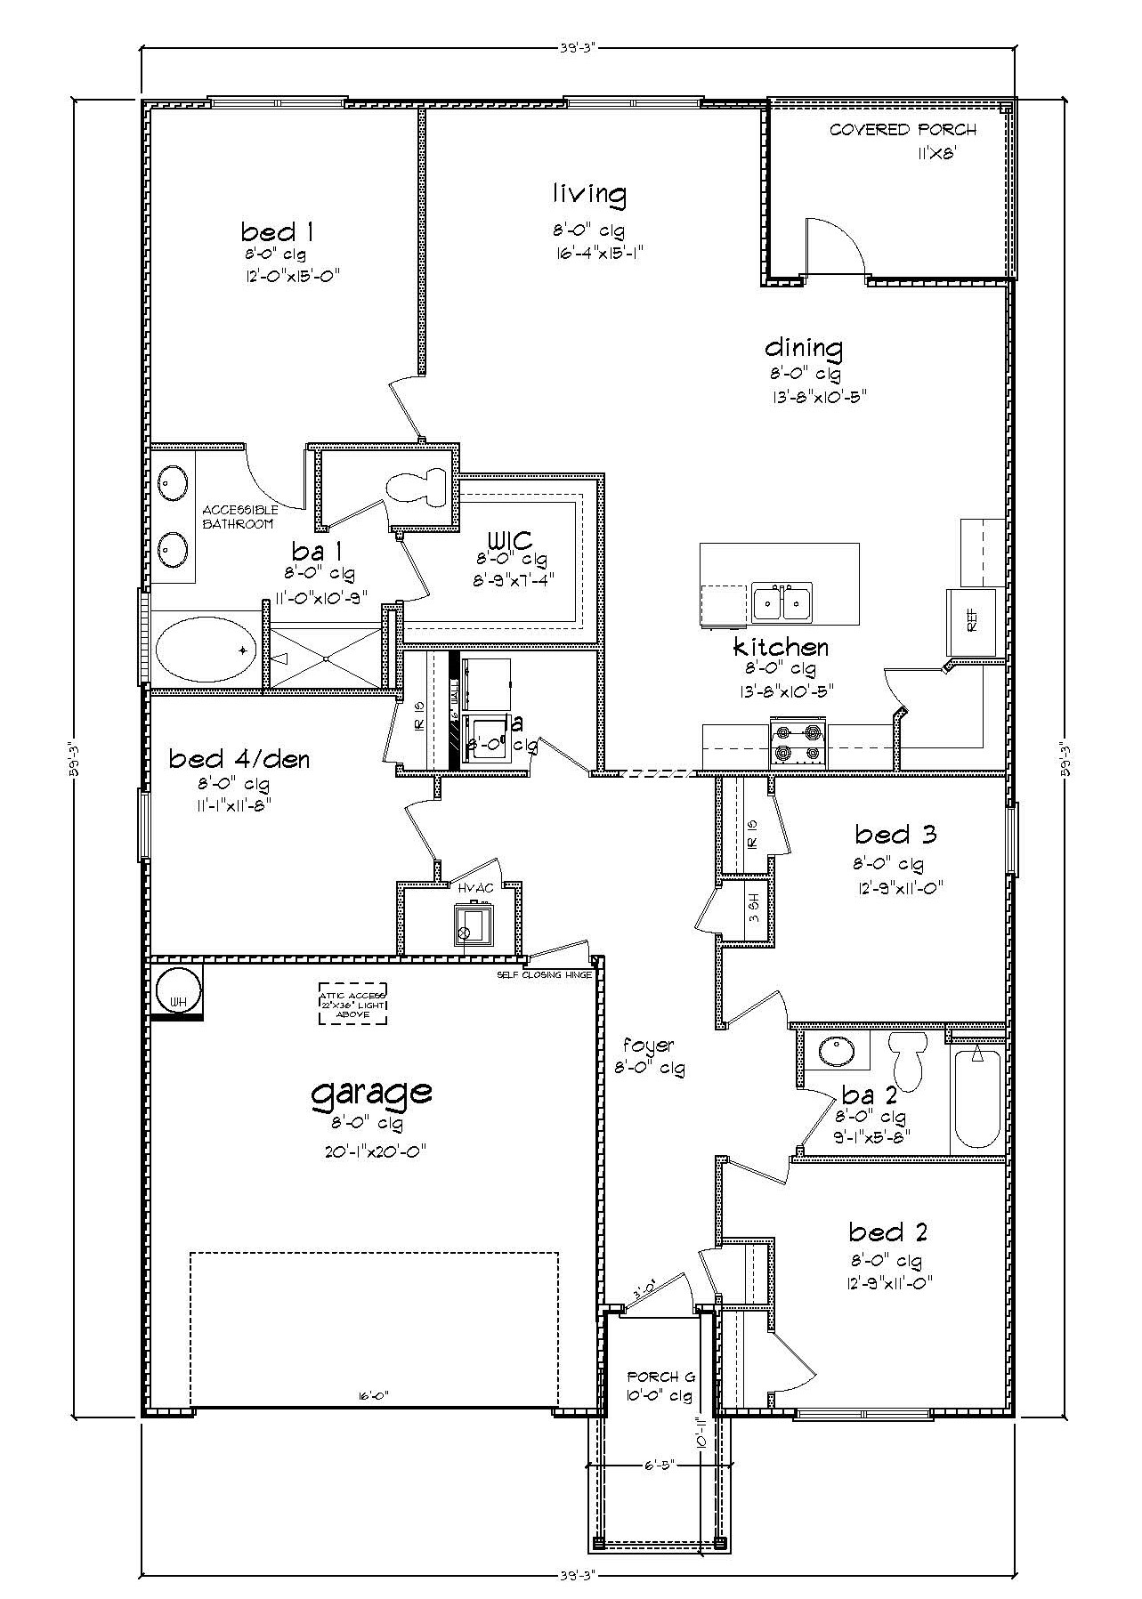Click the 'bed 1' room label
(x=277, y=233)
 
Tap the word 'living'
(x=588, y=193)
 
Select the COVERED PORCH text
(x=903, y=130)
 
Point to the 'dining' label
(x=804, y=347)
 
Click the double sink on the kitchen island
(x=782, y=603)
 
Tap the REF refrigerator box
(x=971, y=624)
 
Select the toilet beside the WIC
(x=419, y=487)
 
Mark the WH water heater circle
(x=178, y=989)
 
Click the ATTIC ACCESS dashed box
(x=353, y=1005)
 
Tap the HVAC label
(x=469, y=888)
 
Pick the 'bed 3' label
(x=895, y=835)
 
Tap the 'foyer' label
(x=648, y=1046)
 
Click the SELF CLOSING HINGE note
(x=544, y=975)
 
